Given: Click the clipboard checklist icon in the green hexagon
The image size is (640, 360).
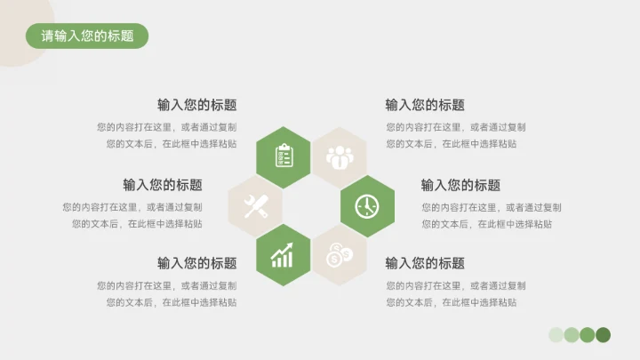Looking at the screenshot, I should pyautogui.click(x=284, y=156).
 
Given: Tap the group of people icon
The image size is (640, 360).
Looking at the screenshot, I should pyautogui.click(x=340, y=157).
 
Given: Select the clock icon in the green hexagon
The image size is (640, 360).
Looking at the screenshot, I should pyautogui.click(x=367, y=206).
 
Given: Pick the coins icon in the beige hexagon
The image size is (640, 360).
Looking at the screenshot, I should pyautogui.click(x=340, y=256).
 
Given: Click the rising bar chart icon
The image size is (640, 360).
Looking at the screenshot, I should pyautogui.click(x=284, y=256).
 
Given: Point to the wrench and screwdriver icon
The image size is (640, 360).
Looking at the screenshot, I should pyautogui.click(x=256, y=206).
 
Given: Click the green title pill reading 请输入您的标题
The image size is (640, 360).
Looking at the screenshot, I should pyautogui.click(x=87, y=36).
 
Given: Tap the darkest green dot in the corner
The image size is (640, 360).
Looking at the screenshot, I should pyautogui.click(x=603, y=334).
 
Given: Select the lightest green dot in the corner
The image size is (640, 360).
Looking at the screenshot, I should pyautogui.click(x=556, y=334).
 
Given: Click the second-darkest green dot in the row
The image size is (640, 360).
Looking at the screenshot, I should pyautogui.click(x=588, y=334).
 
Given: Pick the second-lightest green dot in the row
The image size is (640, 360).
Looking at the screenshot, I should pyautogui.click(x=572, y=334).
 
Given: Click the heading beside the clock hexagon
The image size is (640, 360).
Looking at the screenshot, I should pyautogui.click(x=460, y=185).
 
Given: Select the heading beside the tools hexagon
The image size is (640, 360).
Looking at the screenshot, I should pyautogui.click(x=163, y=185).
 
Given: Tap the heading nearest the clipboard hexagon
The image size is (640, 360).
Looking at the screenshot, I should pyautogui.click(x=197, y=105).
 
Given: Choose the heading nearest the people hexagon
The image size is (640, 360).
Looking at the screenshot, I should pyautogui.click(x=425, y=105).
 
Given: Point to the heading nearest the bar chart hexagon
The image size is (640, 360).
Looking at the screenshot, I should pyautogui.click(x=197, y=263).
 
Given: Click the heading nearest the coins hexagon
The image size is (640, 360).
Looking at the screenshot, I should pyautogui.click(x=425, y=263).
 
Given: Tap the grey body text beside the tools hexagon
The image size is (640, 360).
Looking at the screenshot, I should pyautogui.click(x=132, y=215).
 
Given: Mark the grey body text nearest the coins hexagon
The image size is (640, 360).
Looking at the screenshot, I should pyautogui.click(x=455, y=294).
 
